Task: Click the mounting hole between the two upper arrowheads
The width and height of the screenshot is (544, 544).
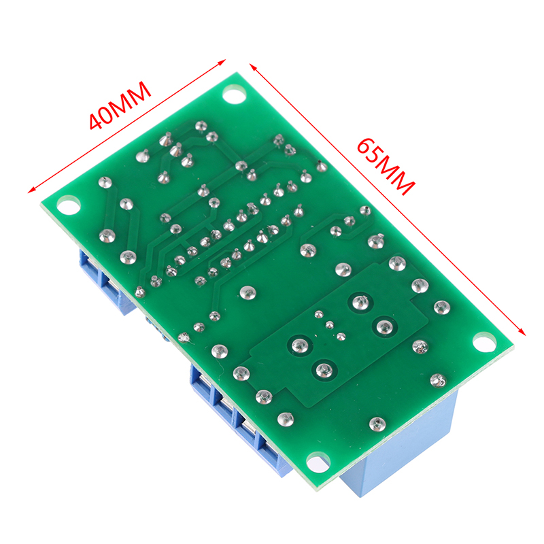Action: (234, 95)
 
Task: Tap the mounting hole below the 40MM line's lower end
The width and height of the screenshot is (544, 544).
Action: (69, 205)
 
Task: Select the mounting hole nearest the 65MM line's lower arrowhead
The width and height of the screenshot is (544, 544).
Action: (485, 342)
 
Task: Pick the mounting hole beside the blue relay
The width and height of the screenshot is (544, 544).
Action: (318, 462)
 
